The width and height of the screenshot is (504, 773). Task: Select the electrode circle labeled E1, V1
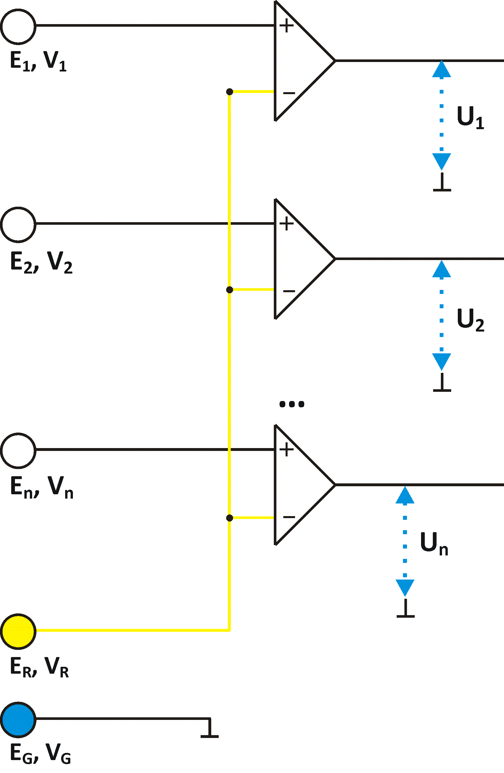(18, 27)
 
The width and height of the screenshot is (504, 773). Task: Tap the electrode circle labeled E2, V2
(18, 225)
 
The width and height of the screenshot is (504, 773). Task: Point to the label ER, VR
(39, 667)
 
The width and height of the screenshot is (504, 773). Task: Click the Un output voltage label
(434, 543)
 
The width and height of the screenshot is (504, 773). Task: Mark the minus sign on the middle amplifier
(289, 291)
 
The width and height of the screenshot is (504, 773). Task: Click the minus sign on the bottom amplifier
(289, 517)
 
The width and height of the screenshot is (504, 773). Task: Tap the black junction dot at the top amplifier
(230, 92)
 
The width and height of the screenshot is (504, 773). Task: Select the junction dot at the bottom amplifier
(230, 518)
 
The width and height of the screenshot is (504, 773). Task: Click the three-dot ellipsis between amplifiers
(292, 404)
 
